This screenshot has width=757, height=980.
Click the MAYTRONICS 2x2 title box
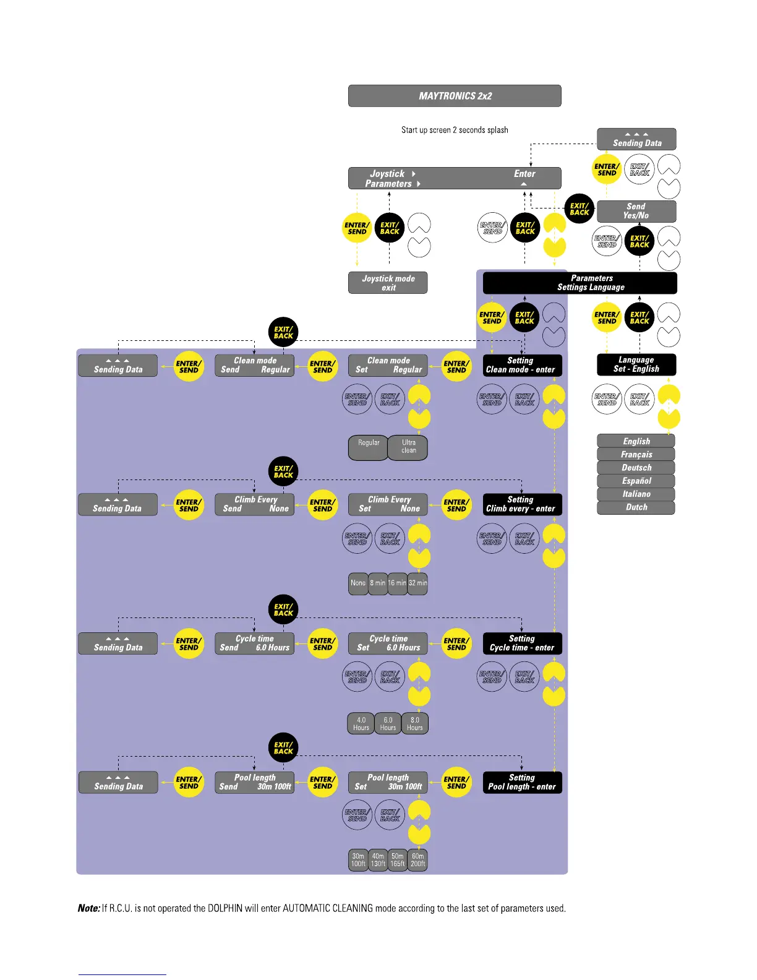click(455, 96)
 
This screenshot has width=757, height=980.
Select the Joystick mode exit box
click(388, 283)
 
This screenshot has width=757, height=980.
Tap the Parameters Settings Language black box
click(580, 283)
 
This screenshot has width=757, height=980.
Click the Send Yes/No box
click(636, 211)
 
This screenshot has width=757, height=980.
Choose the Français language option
click(636, 454)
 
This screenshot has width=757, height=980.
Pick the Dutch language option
click(636, 507)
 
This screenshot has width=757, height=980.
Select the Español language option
click(636, 481)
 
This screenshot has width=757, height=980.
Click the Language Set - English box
click(636, 364)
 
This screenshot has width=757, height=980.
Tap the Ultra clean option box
click(408, 447)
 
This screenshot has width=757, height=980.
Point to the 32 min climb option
click(417, 583)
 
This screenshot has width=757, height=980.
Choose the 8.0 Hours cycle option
click(415, 723)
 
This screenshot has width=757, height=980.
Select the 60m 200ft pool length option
click(417, 860)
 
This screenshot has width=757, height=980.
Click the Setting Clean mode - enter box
click(522, 365)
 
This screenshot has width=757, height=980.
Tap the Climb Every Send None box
click(255, 504)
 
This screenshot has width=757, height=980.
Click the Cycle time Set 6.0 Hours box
click(388, 643)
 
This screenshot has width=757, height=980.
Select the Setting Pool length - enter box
click(522, 782)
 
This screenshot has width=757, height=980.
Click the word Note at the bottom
click(88, 908)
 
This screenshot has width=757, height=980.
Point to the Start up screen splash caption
click(455, 130)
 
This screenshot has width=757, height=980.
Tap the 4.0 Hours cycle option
click(361, 723)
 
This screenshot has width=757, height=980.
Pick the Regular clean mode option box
click(369, 447)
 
